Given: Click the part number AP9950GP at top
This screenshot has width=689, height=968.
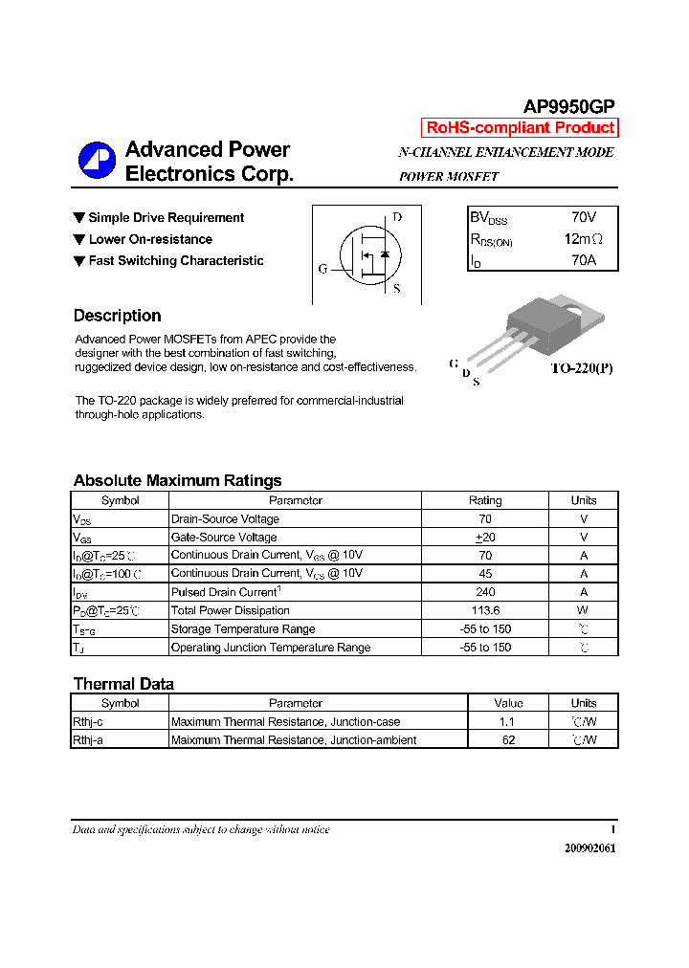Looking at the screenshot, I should pos(568,107).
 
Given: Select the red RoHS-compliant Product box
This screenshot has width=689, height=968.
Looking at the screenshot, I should pos(520,128).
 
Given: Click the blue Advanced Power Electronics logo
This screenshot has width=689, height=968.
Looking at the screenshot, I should pos(97,161).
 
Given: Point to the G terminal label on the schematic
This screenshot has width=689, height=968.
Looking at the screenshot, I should pos(322,269).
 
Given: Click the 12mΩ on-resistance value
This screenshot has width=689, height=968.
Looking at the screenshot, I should pos(583,239).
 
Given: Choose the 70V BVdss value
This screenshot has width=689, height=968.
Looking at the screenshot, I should pos(583,218).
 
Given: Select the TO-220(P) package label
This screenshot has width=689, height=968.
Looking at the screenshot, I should pos(581,368).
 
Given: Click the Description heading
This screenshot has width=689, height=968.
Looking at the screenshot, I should pos(117,316).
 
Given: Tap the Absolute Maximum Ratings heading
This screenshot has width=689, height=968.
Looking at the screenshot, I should pos(177,480).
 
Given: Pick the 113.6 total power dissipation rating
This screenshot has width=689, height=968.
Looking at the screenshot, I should pos(484,610).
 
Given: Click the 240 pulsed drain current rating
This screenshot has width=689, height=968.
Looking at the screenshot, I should pos(484,592).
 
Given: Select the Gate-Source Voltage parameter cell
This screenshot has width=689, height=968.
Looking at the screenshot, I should pos(224,538).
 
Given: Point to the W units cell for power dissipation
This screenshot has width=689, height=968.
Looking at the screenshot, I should pos(583,610).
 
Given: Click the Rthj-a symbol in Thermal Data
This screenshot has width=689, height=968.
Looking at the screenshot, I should pos(88,740).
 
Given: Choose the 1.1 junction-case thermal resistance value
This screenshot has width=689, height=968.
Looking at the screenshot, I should pos(507,722).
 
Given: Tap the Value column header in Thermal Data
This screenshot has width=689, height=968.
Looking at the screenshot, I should pos(507,703).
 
